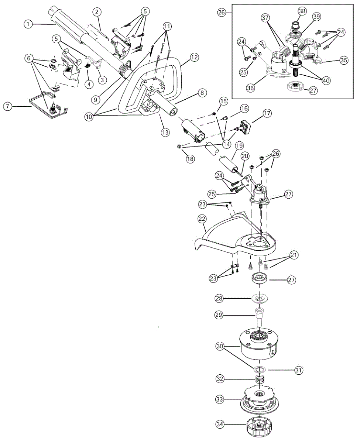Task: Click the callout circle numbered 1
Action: point(28,24)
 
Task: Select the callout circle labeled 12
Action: point(194,57)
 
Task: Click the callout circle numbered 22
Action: point(202,219)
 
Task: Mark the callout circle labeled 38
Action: point(302,11)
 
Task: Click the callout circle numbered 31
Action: point(299,369)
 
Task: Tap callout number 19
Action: point(229,145)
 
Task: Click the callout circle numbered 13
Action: point(165,132)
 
